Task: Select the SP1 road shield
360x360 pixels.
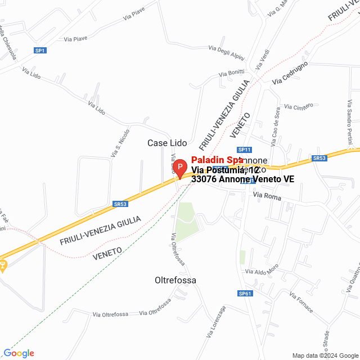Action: click(x=40, y=51)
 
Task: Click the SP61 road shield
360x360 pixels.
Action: click(x=245, y=293)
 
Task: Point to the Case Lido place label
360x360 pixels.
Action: click(x=167, y=143)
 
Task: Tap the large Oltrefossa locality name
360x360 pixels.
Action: click(x=175, y=280)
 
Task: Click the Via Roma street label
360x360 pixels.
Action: click(x=267, y=196)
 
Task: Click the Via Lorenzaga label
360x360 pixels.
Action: click(x=215, y=322)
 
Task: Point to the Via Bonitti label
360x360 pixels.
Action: click(x=232, y=74)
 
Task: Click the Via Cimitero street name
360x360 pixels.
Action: click(x=299, y=107)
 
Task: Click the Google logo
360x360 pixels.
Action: click(x=19, y=353)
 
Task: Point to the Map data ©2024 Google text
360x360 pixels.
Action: click(x=325, y=355)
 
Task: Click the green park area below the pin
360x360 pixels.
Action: click(x=186, y=219)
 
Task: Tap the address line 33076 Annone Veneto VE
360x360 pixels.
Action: click(x=242, y=179)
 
